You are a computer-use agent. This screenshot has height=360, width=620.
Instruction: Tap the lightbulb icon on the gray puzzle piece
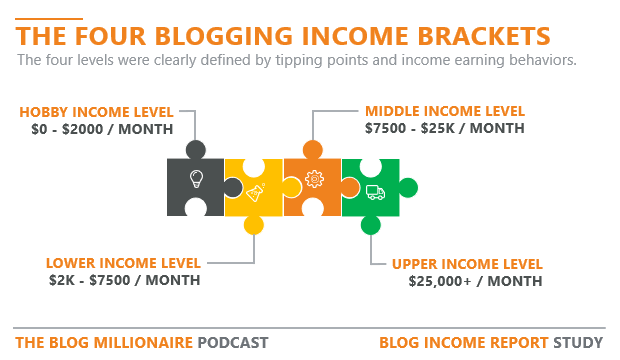196,180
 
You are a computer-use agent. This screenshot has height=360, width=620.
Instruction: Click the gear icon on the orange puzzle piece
314,181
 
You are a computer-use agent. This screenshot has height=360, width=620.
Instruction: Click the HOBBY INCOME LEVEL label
95,111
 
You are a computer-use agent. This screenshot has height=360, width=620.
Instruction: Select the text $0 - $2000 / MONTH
101,129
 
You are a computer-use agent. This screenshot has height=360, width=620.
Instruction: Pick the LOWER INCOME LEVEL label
123,263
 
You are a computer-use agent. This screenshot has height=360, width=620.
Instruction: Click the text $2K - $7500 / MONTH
124,280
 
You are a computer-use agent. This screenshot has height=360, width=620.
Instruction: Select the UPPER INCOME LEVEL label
467,264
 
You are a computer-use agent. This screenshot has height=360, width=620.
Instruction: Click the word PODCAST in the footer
233,342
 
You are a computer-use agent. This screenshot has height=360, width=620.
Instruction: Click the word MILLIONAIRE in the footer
139,342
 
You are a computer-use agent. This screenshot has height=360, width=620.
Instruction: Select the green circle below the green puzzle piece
370,225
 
